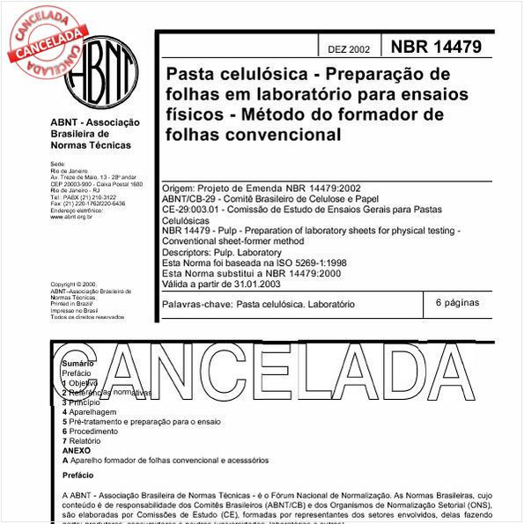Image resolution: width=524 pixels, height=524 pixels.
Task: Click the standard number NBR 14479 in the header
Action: point(436,46)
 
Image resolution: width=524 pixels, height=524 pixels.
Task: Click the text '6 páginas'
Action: point(458,302)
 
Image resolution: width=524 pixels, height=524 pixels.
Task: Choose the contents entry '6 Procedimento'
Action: point(92,432)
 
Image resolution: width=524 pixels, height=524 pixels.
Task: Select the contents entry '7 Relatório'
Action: point(85,441)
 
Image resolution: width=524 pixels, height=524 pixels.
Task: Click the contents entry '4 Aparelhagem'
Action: point(90,411)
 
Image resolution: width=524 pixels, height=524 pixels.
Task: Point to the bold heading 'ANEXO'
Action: point(77,451)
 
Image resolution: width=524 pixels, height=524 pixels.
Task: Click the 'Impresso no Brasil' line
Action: point(74,310)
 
